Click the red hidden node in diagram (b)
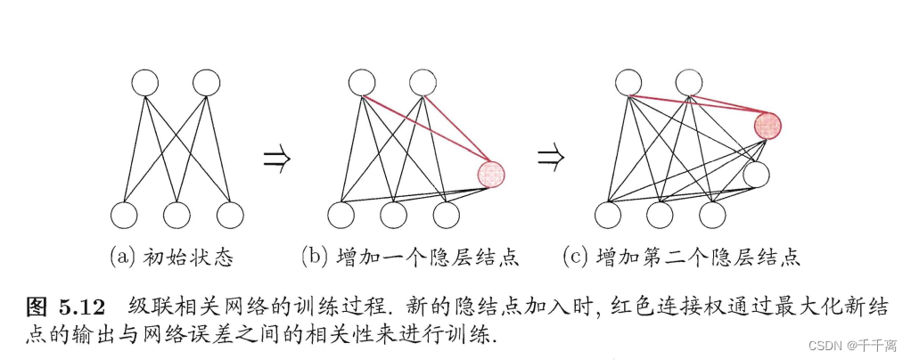[491, 173]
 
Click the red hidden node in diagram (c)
[767, 127]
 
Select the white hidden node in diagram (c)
[756, 174]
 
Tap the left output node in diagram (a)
[145, 83]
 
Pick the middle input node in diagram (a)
[176, 215]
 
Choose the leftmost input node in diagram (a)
[124, 215]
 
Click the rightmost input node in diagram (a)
[230, 215]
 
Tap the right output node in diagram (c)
[690, 83]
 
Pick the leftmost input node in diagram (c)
[607, 215]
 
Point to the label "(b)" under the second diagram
[315, 258]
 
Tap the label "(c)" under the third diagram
[575, 258]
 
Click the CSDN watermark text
[848, 344]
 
